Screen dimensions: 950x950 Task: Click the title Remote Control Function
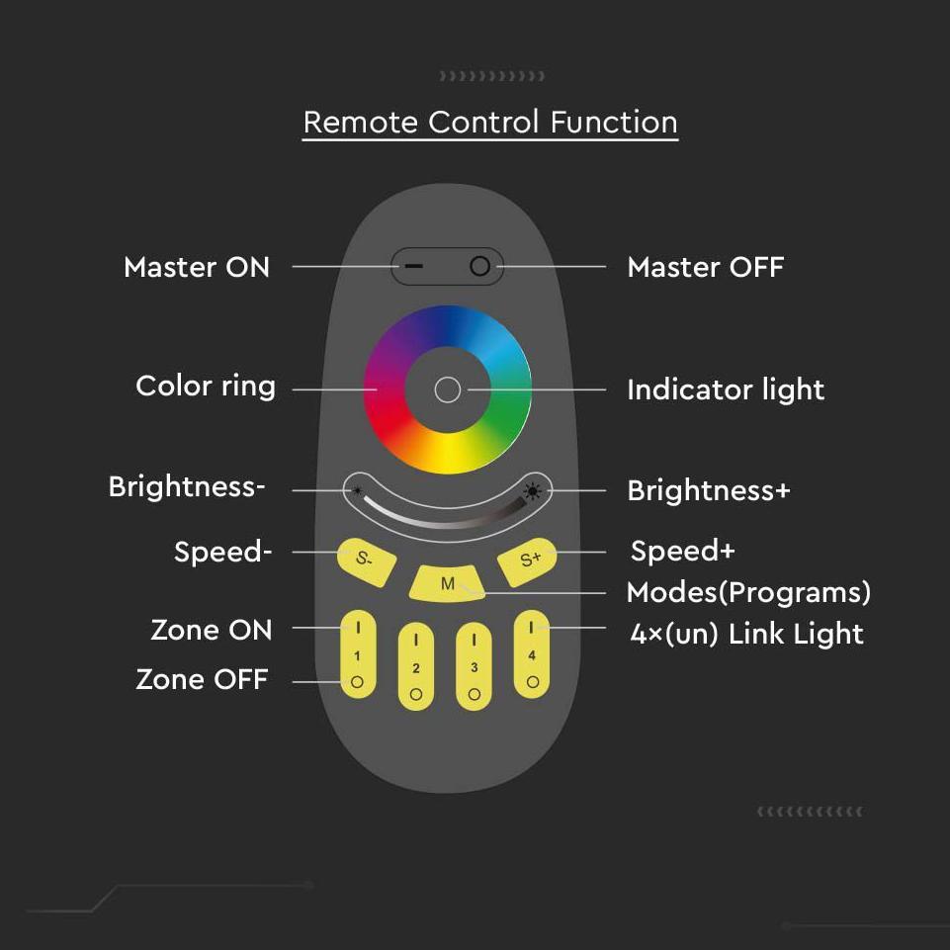(490, 123)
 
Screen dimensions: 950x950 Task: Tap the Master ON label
(197, 267)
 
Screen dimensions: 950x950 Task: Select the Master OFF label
(706, 267)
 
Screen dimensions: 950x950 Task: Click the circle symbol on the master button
(479, 266)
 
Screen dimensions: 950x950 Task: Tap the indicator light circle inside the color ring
(448, 390)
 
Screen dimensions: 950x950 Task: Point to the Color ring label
(206, 387)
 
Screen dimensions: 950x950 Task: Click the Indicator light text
(726, 389)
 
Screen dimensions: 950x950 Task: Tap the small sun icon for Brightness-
(358, 490)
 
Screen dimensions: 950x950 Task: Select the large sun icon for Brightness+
(533, 491)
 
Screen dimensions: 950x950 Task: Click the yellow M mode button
(447, 583)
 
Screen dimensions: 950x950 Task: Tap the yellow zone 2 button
(415, 666)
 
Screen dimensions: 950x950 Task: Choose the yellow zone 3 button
(474, 666)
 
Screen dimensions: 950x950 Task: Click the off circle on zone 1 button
(358, 682)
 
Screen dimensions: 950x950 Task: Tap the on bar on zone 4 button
(531, 628)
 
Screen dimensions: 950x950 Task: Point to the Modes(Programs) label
(749, 592)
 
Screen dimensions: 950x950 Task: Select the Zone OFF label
(203, 679)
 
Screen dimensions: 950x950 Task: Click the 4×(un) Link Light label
(746, 635)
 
